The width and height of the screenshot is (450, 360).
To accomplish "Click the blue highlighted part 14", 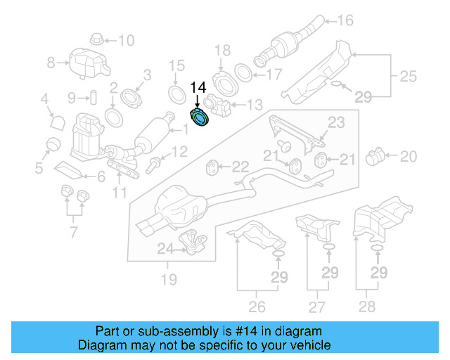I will pos(200,119).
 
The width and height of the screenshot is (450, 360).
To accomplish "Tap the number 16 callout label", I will pos(345,20).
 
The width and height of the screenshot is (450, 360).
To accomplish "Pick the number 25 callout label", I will pos(409,75).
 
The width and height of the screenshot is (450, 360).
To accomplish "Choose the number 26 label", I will pos(257,306).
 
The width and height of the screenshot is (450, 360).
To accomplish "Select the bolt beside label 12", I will pos(153,166).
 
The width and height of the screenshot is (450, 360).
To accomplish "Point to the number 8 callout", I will pos(51,63).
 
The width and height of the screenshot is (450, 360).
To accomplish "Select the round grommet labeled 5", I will pos(51,145).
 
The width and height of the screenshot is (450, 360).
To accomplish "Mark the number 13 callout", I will pos(254,105).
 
